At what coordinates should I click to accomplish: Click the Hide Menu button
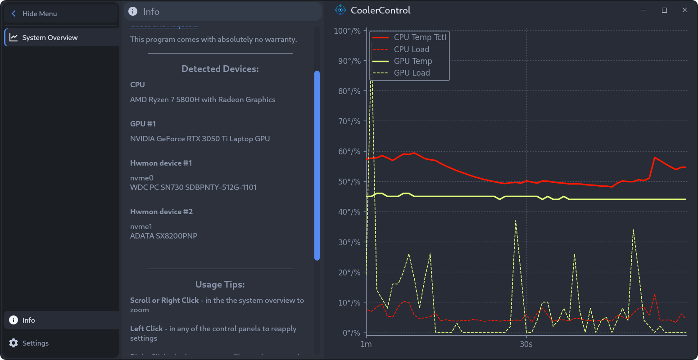point(39,13)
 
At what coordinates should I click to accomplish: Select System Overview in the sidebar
point(50,38)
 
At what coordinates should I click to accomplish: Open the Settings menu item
point(35,343)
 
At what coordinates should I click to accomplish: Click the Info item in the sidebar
point(28,320)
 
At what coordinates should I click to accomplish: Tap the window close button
point(684,10)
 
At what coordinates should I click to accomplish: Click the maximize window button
point(664,10)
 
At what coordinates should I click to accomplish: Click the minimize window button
point(644,10)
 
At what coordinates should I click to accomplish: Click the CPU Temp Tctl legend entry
point(420,37)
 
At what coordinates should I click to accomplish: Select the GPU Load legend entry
point(412,73)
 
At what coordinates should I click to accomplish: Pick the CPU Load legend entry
point(411,49)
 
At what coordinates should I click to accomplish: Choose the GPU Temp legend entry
point(412,61)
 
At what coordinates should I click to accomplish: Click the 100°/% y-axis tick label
point(347,31)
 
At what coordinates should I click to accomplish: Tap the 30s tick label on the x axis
point(526,344)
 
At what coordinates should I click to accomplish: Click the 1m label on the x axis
point(366,344)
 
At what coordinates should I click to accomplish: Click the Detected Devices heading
point(220,69)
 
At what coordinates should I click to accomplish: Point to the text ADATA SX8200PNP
point(163,236)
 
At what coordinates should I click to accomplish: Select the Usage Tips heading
point(220,284)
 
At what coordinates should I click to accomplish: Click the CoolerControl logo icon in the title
point(340,10)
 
